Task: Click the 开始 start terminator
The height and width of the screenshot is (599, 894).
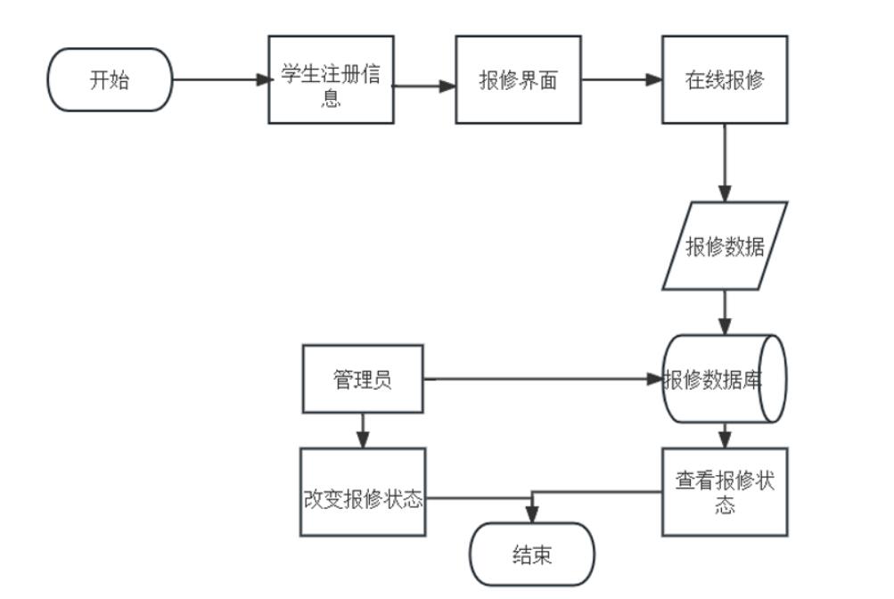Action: (x=109, y=79)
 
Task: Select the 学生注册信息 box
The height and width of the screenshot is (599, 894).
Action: (x=331, y=79)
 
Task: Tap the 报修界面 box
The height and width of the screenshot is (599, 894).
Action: (x=518, y=79)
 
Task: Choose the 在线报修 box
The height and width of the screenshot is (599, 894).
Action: (x=724, y=79)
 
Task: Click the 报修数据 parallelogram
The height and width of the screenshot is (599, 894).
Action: (x=725, y=246)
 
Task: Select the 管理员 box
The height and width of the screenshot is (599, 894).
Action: (x=363, y=380)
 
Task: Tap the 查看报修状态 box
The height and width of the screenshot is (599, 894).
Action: (x=724, y=492)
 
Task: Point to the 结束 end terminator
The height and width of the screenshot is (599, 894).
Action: (x=531, y=554)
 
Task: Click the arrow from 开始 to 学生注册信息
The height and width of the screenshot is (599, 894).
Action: (x=219, y=79)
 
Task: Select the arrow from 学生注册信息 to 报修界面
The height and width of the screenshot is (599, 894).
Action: (x=424, y=86)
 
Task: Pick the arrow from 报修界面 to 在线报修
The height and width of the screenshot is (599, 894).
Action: (x=621, y=79)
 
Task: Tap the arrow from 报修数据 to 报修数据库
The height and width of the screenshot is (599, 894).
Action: (x=725, y=312)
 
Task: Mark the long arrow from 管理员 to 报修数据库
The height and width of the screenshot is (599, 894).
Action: (x=544, y=379)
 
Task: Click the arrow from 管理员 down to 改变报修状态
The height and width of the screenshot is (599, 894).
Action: (x=362, y=430)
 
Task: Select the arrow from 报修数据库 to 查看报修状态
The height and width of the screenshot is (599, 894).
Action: (x=725, y=435)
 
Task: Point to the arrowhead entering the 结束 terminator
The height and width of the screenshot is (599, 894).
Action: (x=532, y=515)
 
